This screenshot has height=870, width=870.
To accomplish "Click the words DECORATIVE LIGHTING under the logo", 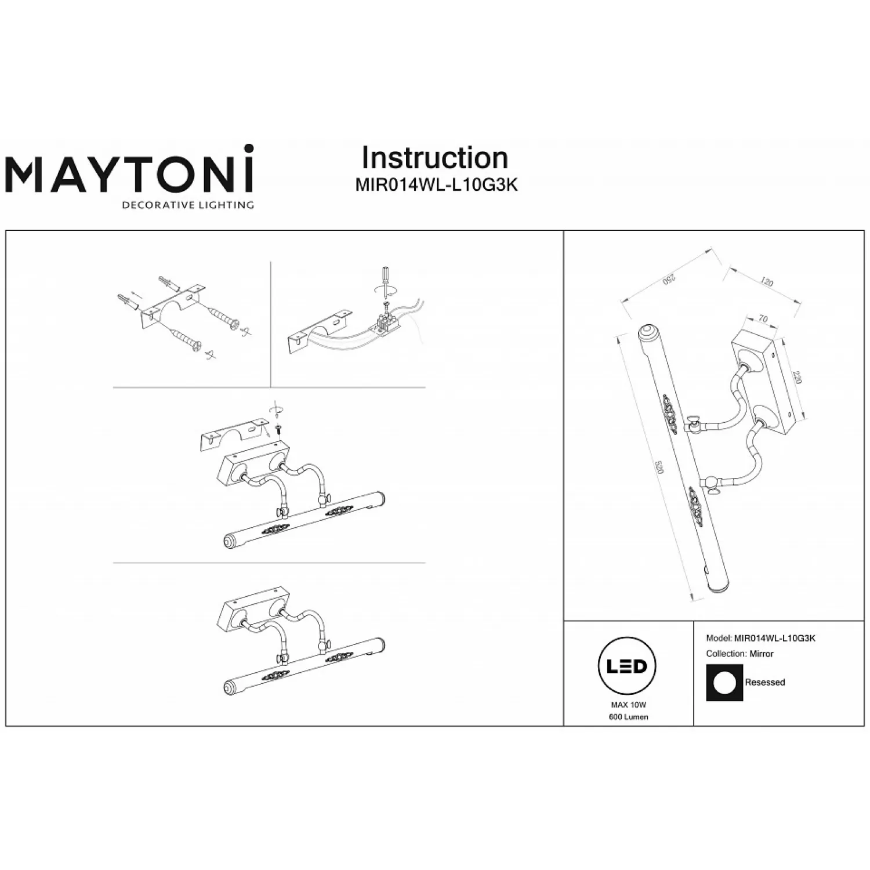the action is point(187,205).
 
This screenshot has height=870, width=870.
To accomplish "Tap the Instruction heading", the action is point(435,158).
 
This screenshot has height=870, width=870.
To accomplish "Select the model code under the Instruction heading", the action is point(436,185).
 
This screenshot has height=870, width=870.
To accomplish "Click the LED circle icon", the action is point(627,666).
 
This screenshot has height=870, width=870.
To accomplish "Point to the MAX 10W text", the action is point(628,705).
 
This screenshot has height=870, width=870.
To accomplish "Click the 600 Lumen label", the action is point(628,717).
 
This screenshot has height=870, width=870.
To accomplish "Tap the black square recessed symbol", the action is point(724,682).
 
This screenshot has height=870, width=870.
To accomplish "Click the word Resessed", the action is point(764,683).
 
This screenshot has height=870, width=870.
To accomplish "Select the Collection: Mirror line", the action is point(739,654).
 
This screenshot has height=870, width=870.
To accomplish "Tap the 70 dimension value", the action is point(763,318).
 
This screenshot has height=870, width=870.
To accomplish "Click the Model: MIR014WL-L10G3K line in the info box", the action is point(761,639).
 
